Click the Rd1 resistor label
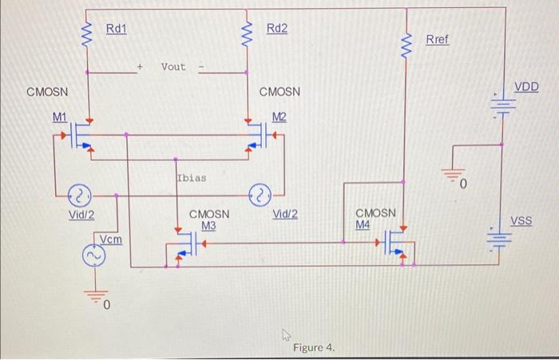click(117, 29)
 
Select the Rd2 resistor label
click(277, 29)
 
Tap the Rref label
click(437, 39)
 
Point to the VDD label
click(525, 86)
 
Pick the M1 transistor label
click(60, 117)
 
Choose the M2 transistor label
click(279, 117)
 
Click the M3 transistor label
click(209, 226)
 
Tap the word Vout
click(173, 67)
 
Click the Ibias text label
click(191, 177)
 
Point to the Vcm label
click(111, 239)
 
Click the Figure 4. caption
click(314, 348)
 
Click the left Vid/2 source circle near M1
click(81, 194)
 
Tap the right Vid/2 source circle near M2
click(260, 194)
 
